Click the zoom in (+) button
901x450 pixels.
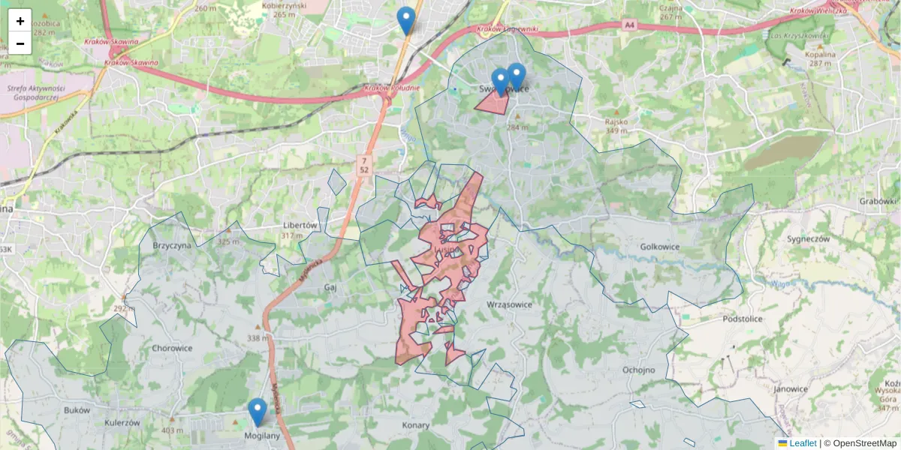tap(20, 21)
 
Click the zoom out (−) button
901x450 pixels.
tap(20, 43)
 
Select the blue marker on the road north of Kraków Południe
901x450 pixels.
tap(406, 21)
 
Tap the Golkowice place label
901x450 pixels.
tap(660, 246)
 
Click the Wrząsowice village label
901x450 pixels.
tap(509, 304)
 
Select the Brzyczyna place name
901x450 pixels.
tap(172, 245)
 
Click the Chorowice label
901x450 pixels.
tap(172, 348)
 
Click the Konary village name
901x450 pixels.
tap(415, 425)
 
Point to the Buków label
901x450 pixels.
tap(77, 410)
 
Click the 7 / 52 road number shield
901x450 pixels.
tap(364, 165)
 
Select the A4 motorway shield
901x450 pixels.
tap(628, 25)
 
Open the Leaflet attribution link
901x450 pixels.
tap(803, 443)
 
